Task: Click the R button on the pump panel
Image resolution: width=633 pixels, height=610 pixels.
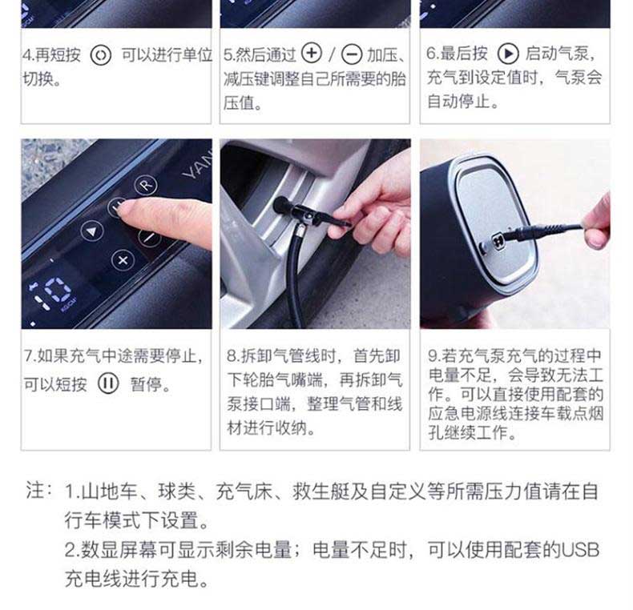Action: click(x=146, y=185)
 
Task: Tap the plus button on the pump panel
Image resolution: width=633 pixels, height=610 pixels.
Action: click(x=123, y=260)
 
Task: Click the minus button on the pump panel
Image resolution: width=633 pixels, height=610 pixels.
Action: click(x=150, y=237)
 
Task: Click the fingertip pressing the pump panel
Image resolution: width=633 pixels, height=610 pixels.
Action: click(x=125, y=209)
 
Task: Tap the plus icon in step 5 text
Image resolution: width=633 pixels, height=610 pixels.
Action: click(x=312, y=54)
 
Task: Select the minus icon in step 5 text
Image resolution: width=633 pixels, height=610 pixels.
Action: click(x=352, y=54)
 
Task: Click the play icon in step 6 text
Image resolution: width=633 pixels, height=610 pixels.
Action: click(x=508, y=54)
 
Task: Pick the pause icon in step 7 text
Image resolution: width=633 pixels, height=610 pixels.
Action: click(x=108, y=383)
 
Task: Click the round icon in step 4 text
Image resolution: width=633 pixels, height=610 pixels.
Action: click(x=100, y=55)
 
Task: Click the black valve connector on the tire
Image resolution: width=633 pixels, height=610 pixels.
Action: click(x=307, y=213)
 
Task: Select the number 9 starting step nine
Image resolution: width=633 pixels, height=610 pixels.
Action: click(x=433, y=355)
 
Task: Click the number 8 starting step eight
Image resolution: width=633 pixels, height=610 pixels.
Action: click(x=232, y=355)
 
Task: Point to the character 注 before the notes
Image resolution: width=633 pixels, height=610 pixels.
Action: click(x=34, y=491)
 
